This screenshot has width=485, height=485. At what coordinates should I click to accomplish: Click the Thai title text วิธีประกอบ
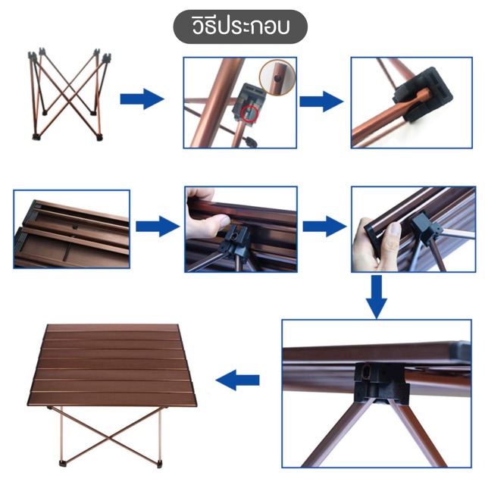pos(241,27)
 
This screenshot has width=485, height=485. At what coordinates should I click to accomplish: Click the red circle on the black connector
pos(249,114)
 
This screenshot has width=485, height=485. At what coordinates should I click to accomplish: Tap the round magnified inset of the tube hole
pos(277,77)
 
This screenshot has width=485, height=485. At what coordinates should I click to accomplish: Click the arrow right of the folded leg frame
pos(142,99)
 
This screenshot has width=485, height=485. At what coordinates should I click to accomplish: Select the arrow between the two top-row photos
pos(321,102)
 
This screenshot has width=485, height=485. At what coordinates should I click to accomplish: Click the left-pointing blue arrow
pos(237,380)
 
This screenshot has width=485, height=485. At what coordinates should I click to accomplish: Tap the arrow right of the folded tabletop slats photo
pos(158,227)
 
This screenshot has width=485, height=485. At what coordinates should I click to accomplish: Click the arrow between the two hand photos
pos(325,227)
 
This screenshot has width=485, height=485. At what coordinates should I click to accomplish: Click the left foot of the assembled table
pos(64,463)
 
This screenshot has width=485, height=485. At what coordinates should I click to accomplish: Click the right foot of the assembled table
pos(161,463)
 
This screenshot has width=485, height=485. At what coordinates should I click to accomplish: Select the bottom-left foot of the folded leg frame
pos(36,137)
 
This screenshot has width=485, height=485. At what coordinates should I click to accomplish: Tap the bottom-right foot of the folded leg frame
pos(99,137)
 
